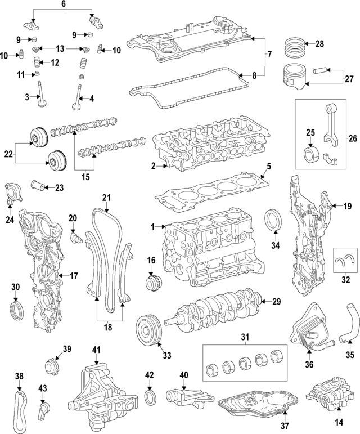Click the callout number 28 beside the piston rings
coord(319,44)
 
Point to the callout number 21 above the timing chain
coord(107,197)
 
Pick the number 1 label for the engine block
coord(152,226)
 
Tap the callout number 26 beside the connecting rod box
coord(353,137)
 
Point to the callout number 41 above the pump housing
coord(96,350)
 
